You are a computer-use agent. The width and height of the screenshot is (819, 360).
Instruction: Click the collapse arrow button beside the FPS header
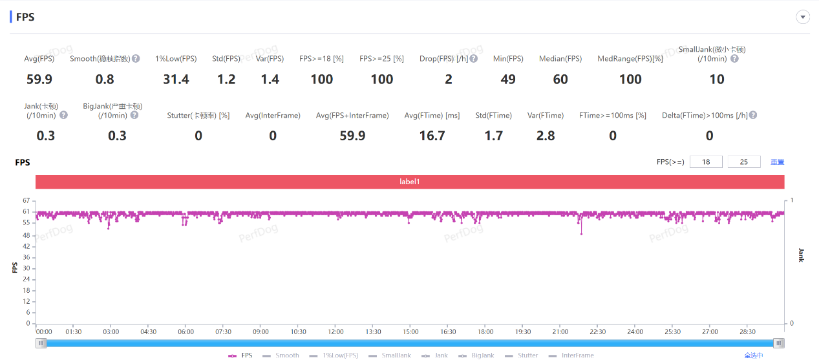coord(803,17)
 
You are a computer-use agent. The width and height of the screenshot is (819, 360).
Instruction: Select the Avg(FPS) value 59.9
coord(39,79)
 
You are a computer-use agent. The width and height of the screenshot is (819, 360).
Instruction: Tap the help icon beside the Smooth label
coord(136,59)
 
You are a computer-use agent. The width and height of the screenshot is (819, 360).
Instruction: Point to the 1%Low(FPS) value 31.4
coord(176,79)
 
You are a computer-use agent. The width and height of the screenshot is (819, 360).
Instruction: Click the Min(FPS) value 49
coord(508,79)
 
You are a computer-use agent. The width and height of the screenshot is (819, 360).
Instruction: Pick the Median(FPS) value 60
coord(560,79)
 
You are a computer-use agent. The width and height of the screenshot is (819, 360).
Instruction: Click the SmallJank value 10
coord(716,79)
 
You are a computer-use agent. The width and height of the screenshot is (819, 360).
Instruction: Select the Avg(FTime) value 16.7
coord(432,136)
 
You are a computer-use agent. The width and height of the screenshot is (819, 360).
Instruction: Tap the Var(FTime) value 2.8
coord(546,136)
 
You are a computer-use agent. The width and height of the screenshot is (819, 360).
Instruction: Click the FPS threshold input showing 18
coord(707,162)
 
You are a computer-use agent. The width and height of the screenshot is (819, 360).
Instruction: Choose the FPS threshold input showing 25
coord(744,162)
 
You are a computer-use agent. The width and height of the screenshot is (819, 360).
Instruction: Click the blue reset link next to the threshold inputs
coord(777,162)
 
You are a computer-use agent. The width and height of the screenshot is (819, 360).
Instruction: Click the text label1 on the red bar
coord(410,182)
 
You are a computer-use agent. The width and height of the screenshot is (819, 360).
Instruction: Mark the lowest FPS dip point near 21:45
coord(581,234)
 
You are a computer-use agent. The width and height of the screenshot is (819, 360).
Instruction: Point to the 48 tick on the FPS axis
coord(26,235)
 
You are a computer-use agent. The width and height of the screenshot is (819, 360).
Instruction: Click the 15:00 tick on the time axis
coord(410,332)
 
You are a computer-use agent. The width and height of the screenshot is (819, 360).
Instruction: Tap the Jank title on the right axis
coord(801,255)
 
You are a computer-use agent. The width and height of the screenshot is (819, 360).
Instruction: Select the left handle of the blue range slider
coord(41,343)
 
